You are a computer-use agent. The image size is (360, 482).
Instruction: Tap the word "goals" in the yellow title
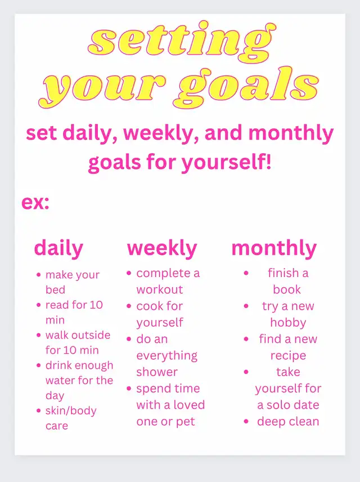248,88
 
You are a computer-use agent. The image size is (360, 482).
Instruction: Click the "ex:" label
35,203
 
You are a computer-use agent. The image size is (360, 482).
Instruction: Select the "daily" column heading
58,248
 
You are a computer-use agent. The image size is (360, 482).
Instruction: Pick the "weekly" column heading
162,248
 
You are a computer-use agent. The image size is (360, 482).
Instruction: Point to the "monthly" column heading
274,248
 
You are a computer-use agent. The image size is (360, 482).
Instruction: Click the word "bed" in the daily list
55,289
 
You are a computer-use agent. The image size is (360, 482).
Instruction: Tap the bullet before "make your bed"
38,275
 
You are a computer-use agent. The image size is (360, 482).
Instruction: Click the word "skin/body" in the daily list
71,410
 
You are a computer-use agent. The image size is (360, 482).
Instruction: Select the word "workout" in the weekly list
160,289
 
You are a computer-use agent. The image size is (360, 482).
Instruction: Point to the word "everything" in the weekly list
167,356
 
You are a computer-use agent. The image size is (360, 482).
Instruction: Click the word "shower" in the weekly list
157,372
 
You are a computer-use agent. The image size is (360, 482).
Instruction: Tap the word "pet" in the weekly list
185,422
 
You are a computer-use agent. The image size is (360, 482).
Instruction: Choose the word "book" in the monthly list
287,289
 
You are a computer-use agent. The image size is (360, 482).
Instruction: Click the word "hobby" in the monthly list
288,323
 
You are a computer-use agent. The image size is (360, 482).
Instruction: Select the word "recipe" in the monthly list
288,356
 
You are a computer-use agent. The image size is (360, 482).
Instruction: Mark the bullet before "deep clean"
246,421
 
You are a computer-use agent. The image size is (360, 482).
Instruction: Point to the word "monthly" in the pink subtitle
291,133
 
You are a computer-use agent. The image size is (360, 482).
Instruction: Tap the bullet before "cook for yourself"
129,306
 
